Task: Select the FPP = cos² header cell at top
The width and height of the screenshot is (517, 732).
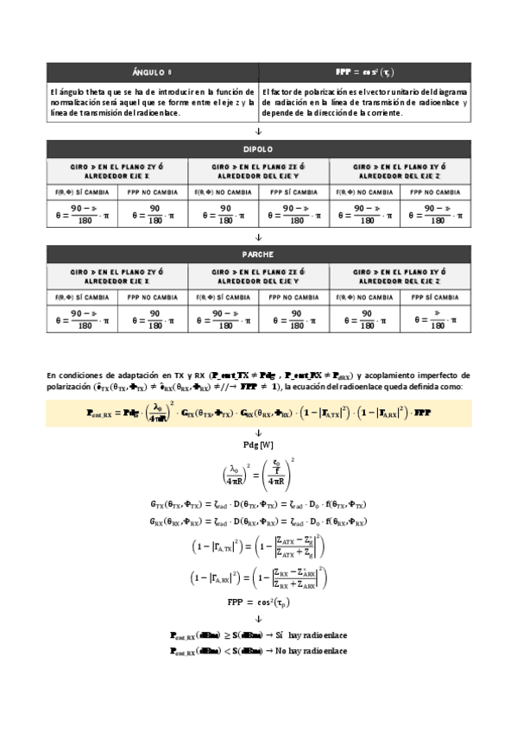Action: coord(364,72)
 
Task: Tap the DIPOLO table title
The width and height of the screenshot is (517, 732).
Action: coord(258,148)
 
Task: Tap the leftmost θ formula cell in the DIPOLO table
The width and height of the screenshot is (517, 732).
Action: coord(82,213)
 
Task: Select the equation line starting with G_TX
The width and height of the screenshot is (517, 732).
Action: coord(258,502)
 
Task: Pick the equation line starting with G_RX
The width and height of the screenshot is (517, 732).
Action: coord(258,522)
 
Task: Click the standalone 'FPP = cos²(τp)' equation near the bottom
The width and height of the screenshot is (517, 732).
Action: coord(258,602)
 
